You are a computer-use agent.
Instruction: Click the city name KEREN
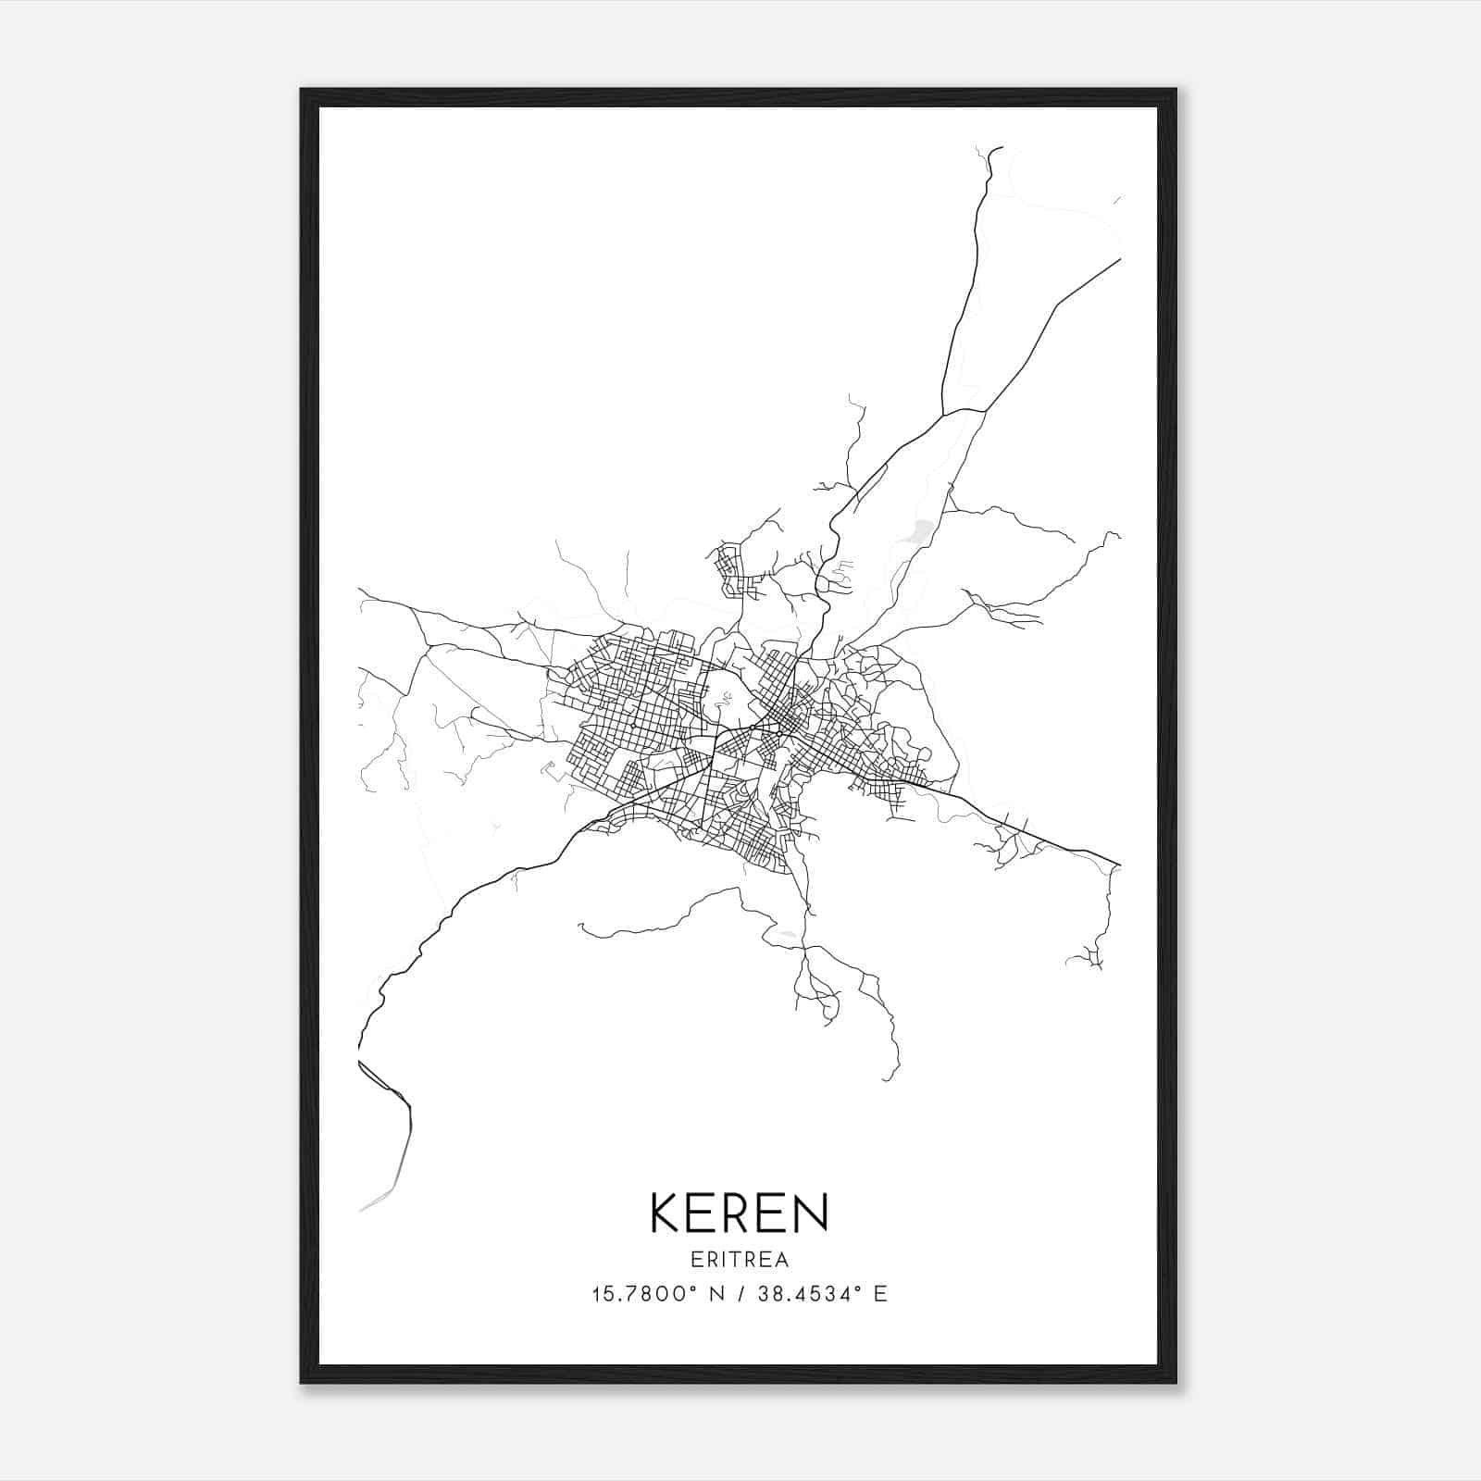click(740, 1213)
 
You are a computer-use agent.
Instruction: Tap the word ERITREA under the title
click(740, 1259)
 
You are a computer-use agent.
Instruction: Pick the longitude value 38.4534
click(807, 1294)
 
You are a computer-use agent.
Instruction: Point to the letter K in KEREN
click(667, 1213)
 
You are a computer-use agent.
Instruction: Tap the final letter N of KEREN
click(810, 1213)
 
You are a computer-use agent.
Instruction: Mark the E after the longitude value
click(880, 1294)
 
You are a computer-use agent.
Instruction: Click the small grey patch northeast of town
click(921, 530)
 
